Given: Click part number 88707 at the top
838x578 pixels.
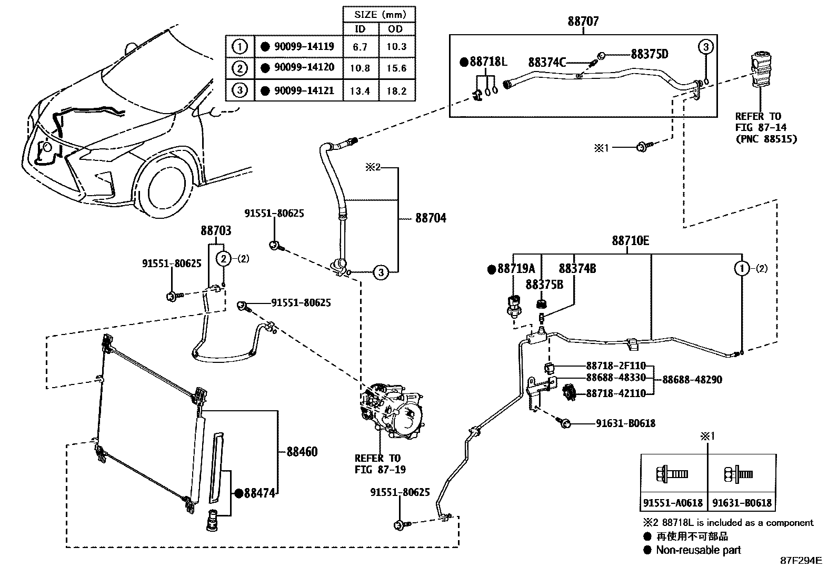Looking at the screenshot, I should click(583, 22).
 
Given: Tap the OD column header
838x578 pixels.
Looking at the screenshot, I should click(397, 29).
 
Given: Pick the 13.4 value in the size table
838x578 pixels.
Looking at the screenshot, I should click(360, 91).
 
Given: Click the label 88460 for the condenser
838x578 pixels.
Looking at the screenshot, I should click(302, 452).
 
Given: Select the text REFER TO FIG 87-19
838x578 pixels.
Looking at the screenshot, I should click(377, 464).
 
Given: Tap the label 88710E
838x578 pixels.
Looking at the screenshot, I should click(630, 241).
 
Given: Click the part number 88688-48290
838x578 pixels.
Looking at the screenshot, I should click(692, 380).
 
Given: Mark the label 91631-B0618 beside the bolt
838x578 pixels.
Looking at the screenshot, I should click(625, 423).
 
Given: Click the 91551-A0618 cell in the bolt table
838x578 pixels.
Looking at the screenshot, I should click(673, 503).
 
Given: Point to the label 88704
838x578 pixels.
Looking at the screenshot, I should click(431, 218).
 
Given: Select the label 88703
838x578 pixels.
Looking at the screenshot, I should click(215, 231).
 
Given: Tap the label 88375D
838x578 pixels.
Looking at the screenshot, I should click(650, 54).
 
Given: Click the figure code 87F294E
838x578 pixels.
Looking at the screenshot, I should click(801, 561).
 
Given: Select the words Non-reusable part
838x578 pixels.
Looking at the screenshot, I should click(698, 550).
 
